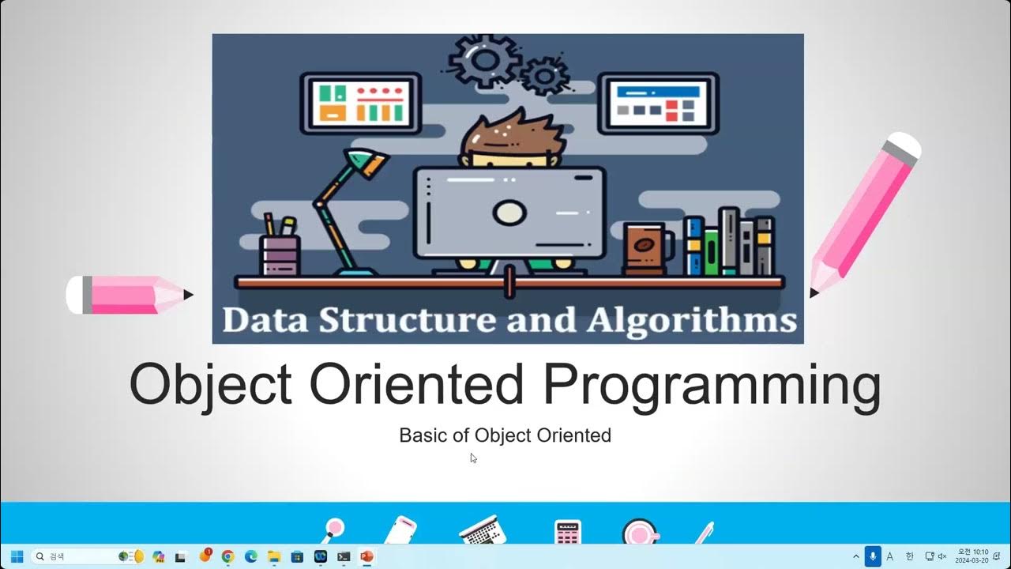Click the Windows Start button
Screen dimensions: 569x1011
(x=16, y=556)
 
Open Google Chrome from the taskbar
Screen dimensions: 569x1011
(x=227, y=556)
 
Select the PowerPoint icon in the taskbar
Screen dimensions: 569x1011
(x=366, y=556)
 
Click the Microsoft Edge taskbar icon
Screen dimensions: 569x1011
(x=251, y=556)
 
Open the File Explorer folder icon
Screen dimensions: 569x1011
(x=274, y=556)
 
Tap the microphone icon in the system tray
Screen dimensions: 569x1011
(x=873, y=556)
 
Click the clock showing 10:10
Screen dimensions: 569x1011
(x=972, y=556)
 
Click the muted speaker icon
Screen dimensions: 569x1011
(x=941, y=556)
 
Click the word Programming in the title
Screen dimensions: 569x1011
(x=711, y=386)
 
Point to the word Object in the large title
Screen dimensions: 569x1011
(x=210, y=386)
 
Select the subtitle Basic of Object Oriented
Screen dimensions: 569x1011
(x=505, y=435)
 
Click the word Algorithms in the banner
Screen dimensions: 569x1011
(x=692, y=321)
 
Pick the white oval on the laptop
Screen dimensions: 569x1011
(x=509, y=212)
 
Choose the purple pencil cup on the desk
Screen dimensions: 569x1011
(x=280, y=254)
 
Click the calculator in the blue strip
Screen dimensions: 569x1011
(x=567, y=532)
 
